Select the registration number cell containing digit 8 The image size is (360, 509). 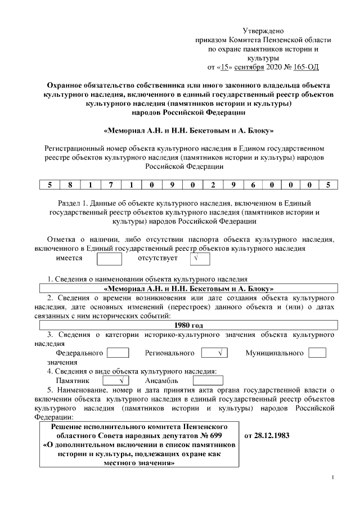(x=71, y=184)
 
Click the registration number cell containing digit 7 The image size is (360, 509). (x=111, y=184)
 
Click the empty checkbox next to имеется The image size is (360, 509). (x=109, y=259)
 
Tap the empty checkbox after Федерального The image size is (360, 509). (x=118, y=353)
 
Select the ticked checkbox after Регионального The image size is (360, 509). (x=214, y=353)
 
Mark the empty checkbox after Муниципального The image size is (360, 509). (x=317, y=353)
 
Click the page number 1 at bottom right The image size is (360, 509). (x=334, y=478)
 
